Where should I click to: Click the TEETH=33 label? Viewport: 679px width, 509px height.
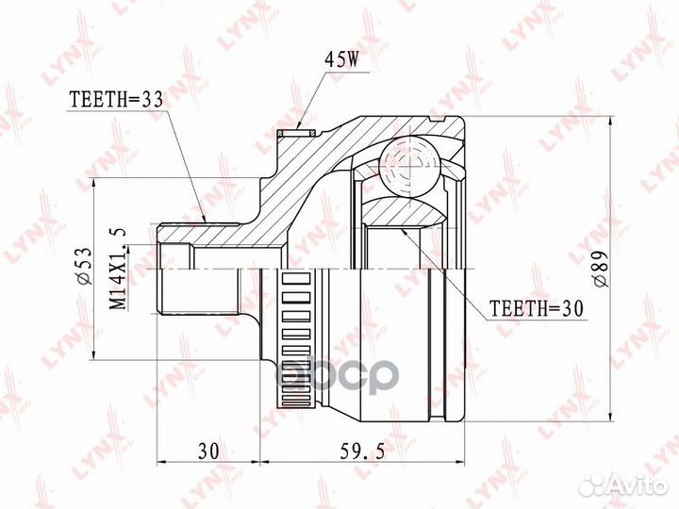tap(117, 101)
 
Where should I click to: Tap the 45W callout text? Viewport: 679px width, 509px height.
tap(342, 60)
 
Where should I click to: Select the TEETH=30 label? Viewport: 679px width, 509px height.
tap(536, 308)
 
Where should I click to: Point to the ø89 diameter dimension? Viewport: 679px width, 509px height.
tap(602, 269)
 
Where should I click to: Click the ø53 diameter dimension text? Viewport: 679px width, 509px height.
tap(85, 266)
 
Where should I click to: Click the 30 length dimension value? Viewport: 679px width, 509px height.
tap(208, 452)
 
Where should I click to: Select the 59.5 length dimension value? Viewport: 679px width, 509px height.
tap(362, 452)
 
